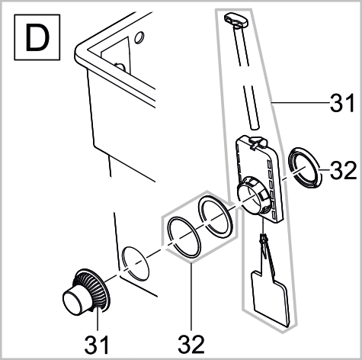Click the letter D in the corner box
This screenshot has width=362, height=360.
pyautogui.click(x=37, y=37)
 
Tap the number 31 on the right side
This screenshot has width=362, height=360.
pyautogui.click(x=342, y=103)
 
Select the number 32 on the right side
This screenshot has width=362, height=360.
pyautogui.click(x=344, y=170)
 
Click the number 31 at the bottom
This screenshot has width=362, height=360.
pyautogui.click(x=97, y=345)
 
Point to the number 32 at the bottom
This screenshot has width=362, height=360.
pyautogui.click(x=191, y=345)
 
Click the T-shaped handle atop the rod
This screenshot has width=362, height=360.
pyautogui.click(x=235, y=21)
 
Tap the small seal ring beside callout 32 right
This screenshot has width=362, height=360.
pyautogui.click(x=304, y=168)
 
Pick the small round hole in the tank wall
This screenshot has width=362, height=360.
pyautogui.click(x=139, y=37)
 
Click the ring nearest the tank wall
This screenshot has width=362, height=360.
pyautogui.click(x=136, y=263)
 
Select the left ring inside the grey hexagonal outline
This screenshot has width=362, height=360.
pyautogui.click(x=184, y=237)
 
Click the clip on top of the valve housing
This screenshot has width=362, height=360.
pyautogui.click(x=257, y=143)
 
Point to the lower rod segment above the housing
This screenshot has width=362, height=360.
pyautogui.click(x=251, y=108)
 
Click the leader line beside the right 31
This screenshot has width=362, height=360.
pyautogui.click(x=300, y=102)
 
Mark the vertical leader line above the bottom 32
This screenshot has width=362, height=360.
pyautogui.click(x=191, y=297)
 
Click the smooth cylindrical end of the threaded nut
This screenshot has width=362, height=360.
pyautogui.click(x=73, y=301)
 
